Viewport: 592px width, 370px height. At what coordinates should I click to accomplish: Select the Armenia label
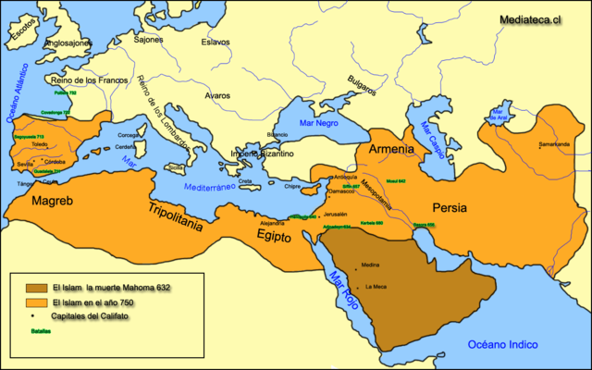391,149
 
